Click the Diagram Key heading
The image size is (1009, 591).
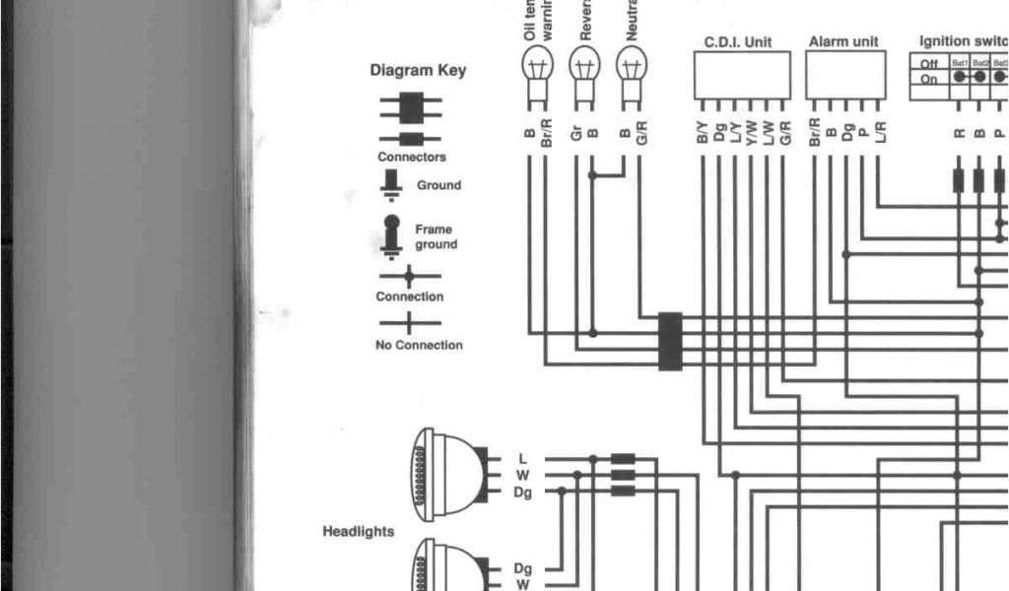(418, 71)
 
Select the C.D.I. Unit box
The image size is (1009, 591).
(742, 75)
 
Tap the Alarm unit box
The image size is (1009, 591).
(844, 75)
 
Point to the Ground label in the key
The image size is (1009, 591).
(438, 185)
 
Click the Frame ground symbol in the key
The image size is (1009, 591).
(391, 234)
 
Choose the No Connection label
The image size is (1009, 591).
(419, 345)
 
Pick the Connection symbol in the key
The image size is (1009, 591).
(409, 277)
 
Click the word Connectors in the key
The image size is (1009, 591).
(412, 158)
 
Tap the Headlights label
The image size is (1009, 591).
(359, 532)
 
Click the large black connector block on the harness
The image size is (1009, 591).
(670, 341)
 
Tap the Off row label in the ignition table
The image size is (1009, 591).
(928, 64)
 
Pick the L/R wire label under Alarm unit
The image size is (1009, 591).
(879, 132)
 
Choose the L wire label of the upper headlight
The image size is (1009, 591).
(522, 459)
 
